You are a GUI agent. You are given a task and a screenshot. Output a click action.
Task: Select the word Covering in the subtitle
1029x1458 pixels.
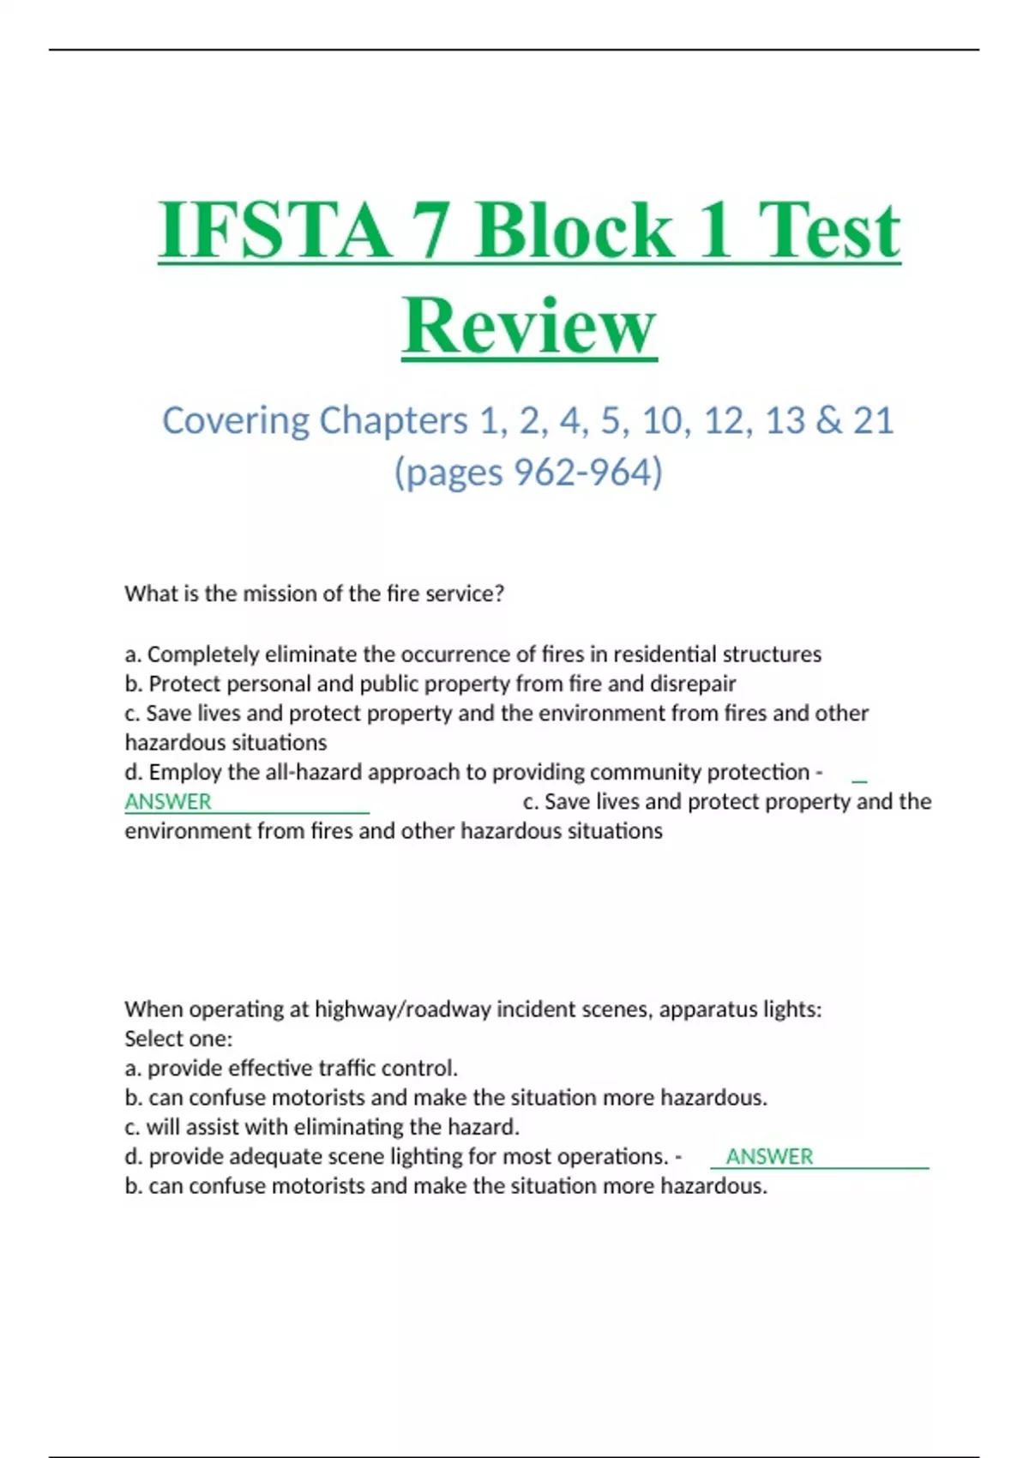236,420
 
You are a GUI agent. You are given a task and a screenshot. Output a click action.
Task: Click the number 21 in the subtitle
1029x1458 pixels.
873,420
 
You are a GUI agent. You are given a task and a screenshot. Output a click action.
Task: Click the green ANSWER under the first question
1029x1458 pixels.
168,802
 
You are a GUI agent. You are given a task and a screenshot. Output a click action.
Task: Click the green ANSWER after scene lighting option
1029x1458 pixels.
769,1157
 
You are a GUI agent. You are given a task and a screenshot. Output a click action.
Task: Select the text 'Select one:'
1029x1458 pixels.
178,1039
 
